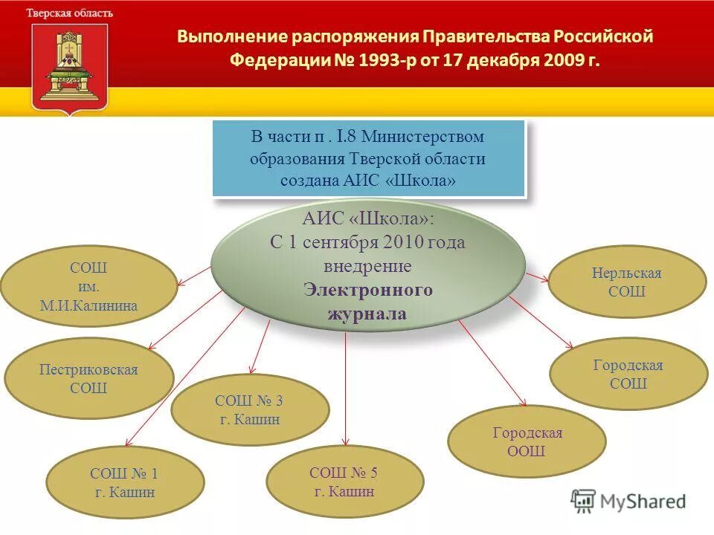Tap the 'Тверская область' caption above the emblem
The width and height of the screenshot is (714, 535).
click(70, 13)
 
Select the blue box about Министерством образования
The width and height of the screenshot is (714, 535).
click(368, 158)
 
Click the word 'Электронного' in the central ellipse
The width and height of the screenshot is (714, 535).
click(367, 290)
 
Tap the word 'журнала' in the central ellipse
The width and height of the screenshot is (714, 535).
click(367, 314)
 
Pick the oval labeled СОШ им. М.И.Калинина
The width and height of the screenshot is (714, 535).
click(89, 286)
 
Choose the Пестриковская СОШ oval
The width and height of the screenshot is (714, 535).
click(89, 378)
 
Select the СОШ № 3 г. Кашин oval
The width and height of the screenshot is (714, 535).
click(249, 409)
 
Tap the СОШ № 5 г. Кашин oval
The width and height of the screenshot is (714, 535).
click(344, 481)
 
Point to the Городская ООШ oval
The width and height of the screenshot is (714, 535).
click(527, 441)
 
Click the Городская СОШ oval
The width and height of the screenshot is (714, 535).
click(628, 374)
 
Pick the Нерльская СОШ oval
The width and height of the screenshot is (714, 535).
click(626, 282)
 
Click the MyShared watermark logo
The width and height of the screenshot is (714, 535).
click(628, 501)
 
